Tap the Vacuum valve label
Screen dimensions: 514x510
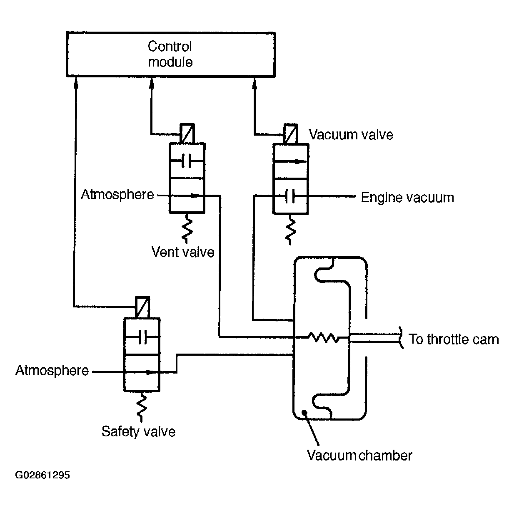pos(351,134)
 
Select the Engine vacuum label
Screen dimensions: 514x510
pos(407,198)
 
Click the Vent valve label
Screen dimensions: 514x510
pos(183,252)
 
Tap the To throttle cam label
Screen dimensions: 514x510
pos(454,339)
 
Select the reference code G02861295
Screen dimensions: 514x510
pos(42,475)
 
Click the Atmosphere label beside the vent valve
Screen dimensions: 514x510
pos(117,194)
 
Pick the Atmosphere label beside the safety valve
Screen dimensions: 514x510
pos(52,370)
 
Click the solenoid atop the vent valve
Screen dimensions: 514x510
pos(187,133)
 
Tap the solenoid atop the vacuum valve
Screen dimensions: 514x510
pos(290,134)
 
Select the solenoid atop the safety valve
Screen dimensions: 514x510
pos(142,307)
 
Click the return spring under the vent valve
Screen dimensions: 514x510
pos(187,228)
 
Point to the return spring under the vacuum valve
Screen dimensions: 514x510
pos(290,230)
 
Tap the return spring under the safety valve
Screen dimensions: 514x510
pos(142,407)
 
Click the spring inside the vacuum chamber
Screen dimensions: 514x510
pos(324,337)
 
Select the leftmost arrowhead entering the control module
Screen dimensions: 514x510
pos(76,83)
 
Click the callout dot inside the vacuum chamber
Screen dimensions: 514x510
pos(304,412)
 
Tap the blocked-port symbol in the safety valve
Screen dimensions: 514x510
pos(142,337)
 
